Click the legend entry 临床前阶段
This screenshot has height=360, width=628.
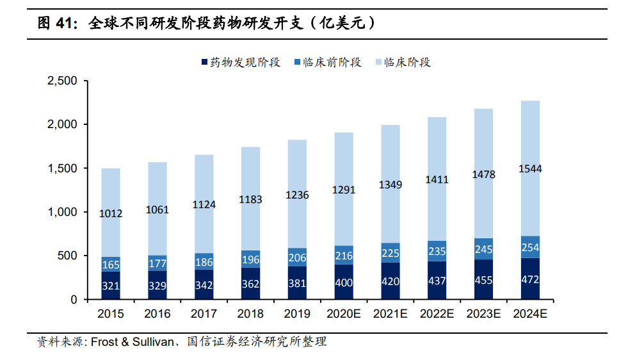(x=327, y=62)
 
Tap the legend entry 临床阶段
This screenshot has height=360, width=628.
(x=407, y=62)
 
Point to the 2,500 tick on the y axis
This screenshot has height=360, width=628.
(x=62, y=81)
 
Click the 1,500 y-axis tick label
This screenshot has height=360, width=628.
(x=62, y=168)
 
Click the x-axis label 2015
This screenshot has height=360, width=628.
(x=111, y=314)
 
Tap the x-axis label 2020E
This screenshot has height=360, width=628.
(x=344, y=314)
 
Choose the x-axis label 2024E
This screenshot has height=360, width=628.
(x=530, y=314)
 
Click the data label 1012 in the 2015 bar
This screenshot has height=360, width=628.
(x=111, y=214)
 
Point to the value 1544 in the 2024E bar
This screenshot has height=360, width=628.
(x=530, y=170)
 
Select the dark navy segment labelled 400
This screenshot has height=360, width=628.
(x=344, y=282)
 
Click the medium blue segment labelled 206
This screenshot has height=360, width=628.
(x=297, y=258)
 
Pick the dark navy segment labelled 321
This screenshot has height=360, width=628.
(x=111, y=286)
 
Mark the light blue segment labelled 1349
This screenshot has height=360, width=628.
(x=390, y=185)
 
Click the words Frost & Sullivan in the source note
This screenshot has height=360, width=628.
(x=131, y=342)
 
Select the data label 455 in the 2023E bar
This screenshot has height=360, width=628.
(x=483, y=280)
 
